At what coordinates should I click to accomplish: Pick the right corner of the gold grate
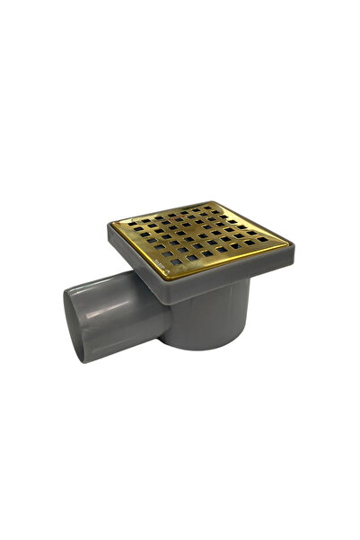click(288, 240)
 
